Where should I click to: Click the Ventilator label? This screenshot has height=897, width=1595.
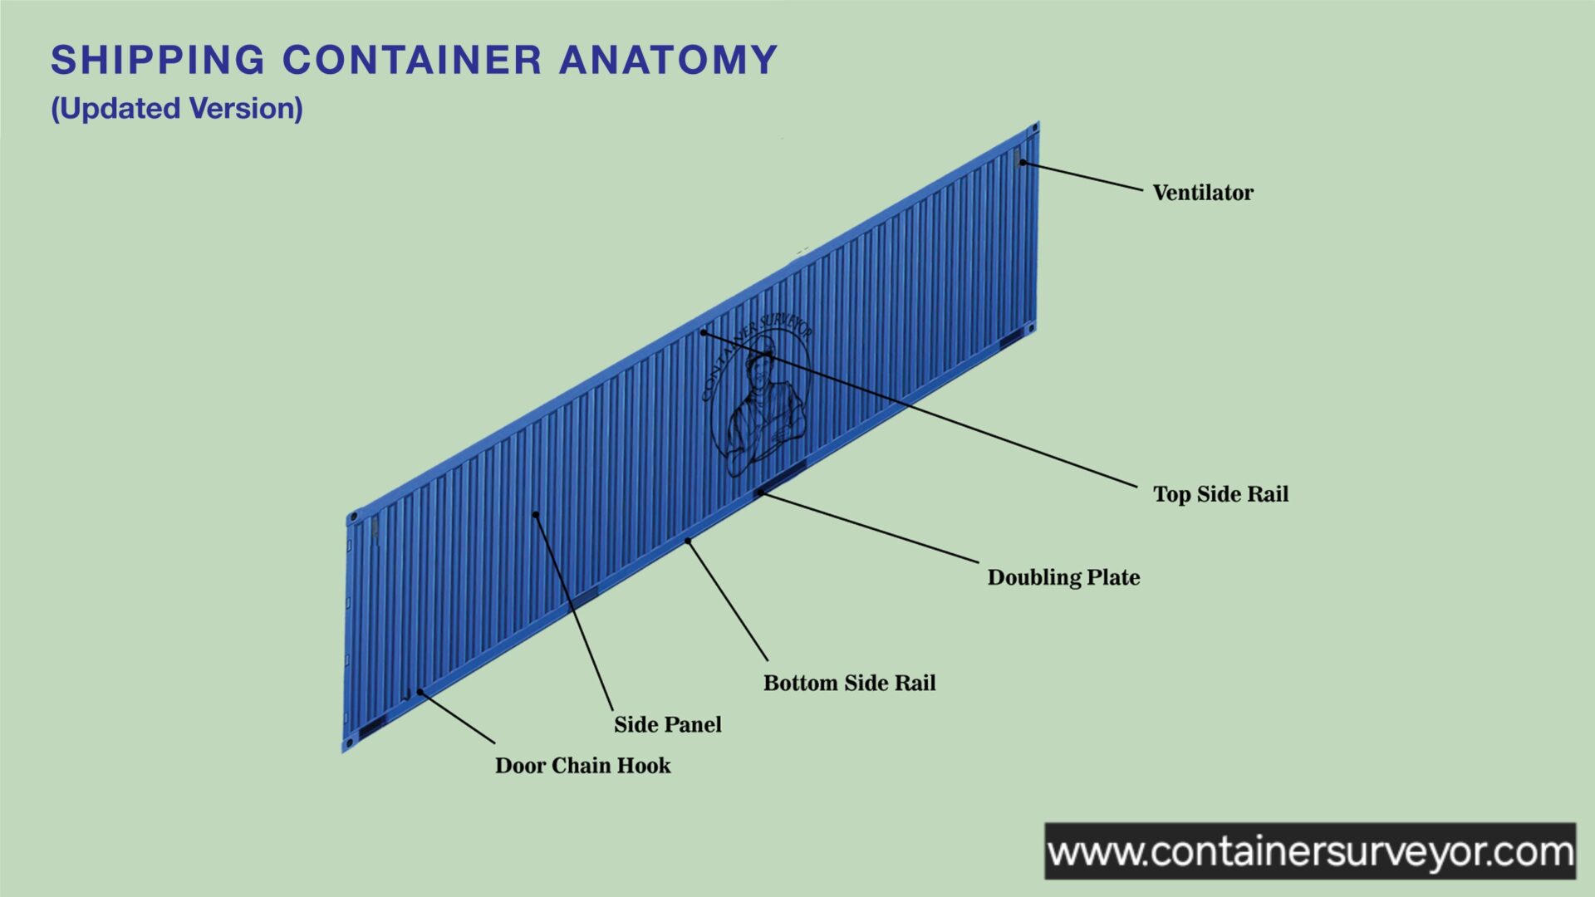coord(1202,193)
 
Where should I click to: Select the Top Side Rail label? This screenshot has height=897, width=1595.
coord(1220,494)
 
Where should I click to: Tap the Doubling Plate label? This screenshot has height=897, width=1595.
coord(1063,577)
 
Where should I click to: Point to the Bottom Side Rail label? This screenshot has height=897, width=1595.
coord(849,683)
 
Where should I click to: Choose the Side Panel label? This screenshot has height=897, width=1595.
coord(667,724)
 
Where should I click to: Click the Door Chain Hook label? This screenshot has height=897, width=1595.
coord(582,765)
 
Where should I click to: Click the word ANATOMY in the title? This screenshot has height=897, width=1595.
coord(668,60)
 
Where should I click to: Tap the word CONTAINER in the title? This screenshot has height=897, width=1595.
coord(412,60)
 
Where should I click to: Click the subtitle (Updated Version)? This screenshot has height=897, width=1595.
coord(177,109)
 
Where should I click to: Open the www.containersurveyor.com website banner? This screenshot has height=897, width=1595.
coord(1309,851)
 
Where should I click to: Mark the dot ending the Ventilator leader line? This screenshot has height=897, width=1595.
coord(1023,163)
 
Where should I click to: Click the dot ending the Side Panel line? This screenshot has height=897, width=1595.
coord(536,515)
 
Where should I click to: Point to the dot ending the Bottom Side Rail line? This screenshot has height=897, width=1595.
coord(688,542)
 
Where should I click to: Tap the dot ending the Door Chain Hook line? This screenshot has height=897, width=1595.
coord(420,692)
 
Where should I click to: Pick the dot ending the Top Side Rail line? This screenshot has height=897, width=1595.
coord(703,332)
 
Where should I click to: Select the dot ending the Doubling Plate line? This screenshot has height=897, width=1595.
coord(760,493)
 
